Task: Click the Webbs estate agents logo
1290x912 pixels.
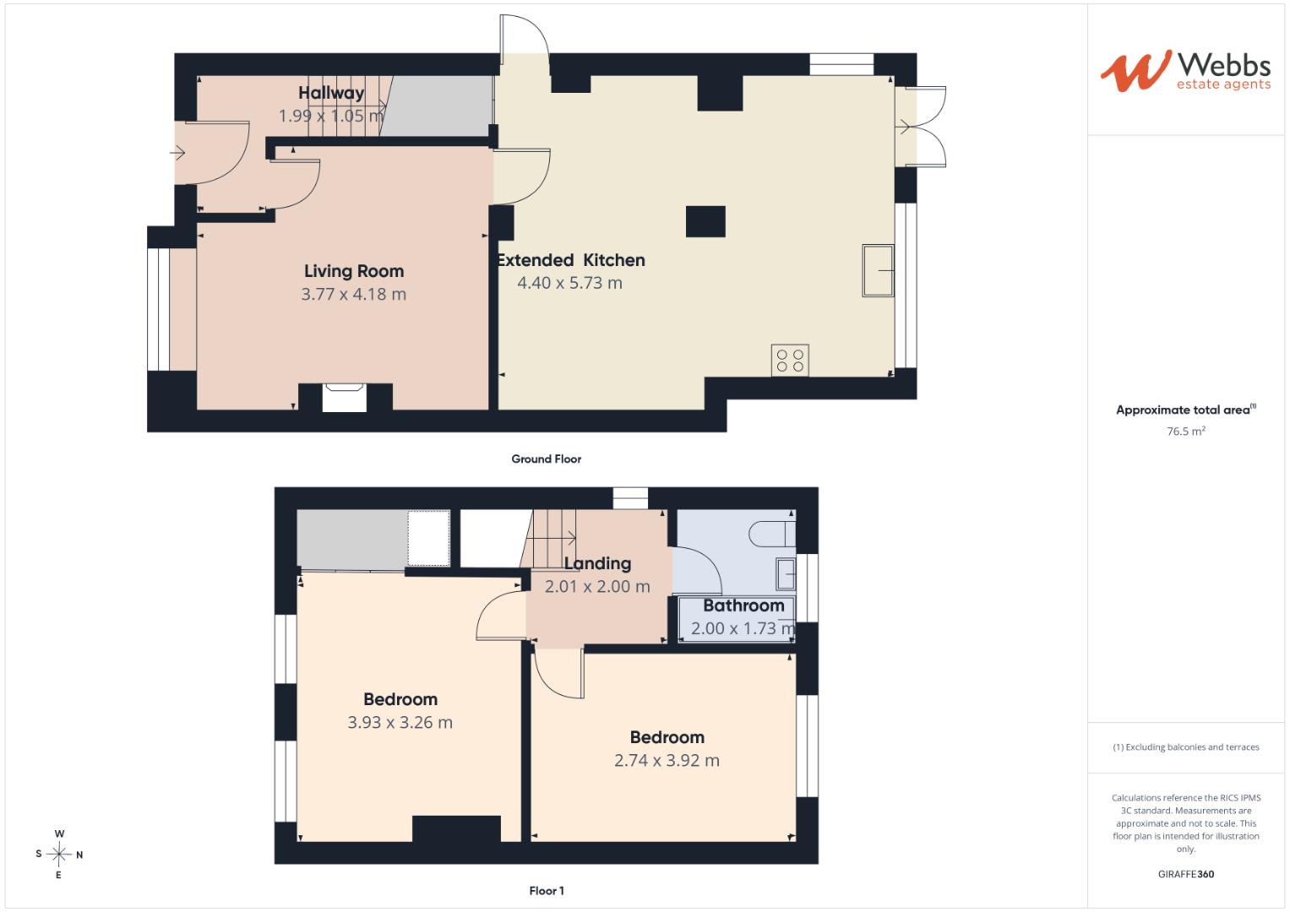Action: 1185,71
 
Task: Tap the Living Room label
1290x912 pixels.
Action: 354,271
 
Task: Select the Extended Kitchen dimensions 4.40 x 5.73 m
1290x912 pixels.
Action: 569,283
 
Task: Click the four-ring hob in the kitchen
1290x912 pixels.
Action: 790,361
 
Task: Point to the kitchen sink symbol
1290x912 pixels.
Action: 878,270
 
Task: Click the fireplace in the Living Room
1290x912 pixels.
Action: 345,397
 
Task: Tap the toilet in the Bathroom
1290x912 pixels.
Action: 771,535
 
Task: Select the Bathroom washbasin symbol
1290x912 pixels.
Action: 786,573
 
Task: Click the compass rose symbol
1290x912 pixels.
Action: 59,854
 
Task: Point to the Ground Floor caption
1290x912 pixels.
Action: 546,459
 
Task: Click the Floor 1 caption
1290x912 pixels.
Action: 546,891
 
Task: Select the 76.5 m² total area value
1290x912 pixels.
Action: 1186,431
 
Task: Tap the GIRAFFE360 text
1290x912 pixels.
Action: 1186,874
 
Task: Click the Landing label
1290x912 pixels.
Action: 597,563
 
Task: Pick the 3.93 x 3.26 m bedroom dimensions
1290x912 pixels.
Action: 400,722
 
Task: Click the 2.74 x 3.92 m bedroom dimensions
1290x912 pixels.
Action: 667,760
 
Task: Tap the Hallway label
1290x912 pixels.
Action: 331,93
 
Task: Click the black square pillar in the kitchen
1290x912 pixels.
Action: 705,221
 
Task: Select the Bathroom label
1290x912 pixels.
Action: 743,605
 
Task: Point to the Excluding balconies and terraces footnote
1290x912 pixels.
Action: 1186,746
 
